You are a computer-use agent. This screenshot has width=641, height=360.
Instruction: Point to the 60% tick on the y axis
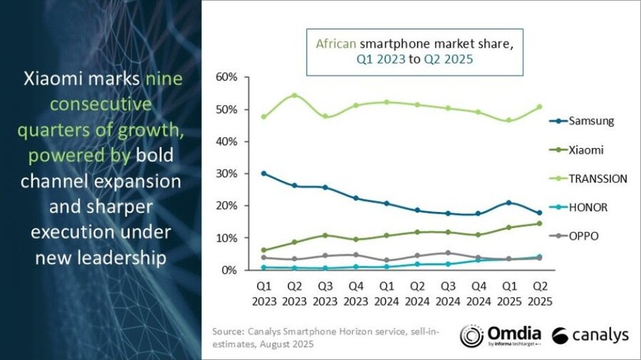click(226, 77)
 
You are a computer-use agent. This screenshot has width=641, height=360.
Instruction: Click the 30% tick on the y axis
click(226, 174)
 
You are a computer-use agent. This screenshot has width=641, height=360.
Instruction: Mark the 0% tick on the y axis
click(229, 271)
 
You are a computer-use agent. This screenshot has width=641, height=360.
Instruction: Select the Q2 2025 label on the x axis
click(539, 293)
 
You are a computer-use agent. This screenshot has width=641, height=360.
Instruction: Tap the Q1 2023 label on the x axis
click(263, 293)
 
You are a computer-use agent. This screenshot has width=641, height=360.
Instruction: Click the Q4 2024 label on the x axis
click(478, 293)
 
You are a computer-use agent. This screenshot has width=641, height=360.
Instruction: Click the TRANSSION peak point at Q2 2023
click(294, 95)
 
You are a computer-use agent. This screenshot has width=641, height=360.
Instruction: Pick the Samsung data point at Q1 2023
click(263, 173)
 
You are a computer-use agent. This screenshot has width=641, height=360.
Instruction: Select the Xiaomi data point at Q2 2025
click(539, 223)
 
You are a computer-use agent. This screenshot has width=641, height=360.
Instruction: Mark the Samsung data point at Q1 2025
click(508, 202)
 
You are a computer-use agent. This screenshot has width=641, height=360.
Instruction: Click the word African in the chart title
click(335, 43)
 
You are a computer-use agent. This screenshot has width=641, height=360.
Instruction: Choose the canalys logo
click(590, 336)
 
